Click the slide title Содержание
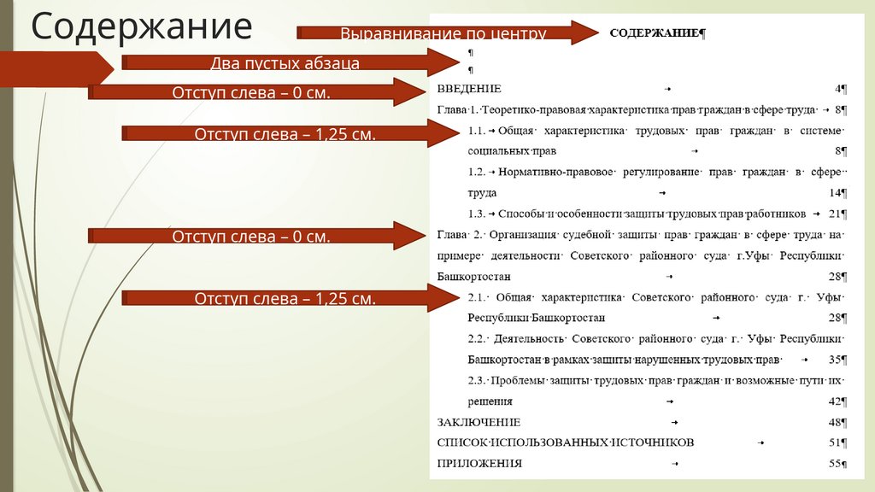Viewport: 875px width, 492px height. [x=142, y=26]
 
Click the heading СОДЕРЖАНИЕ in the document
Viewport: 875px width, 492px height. [x=655, y=33]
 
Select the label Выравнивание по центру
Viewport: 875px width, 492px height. [x=443, y=34]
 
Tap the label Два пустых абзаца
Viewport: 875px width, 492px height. [x=285, y=63]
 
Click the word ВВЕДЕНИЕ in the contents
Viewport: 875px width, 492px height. [x=468, y=89]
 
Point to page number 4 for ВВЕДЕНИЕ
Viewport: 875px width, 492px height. [x=838, y=89]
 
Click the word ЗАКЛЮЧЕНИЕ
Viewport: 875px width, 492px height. [x=478, y=422]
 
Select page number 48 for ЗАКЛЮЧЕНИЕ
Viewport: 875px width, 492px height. [x=834, y=422]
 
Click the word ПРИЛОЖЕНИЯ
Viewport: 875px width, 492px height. [x=479, y=464]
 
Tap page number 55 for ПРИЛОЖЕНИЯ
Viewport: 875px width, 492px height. [x=834, y=464]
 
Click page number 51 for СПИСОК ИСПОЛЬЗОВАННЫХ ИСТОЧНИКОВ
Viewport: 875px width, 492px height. [x=834, y=442]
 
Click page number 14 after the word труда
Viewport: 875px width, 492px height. [x=834, y=192]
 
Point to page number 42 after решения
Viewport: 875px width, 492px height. [x=834, y=401]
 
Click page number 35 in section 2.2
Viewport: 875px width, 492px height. [x=834, y=359]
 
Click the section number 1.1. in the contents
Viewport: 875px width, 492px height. [x=477, y=131]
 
